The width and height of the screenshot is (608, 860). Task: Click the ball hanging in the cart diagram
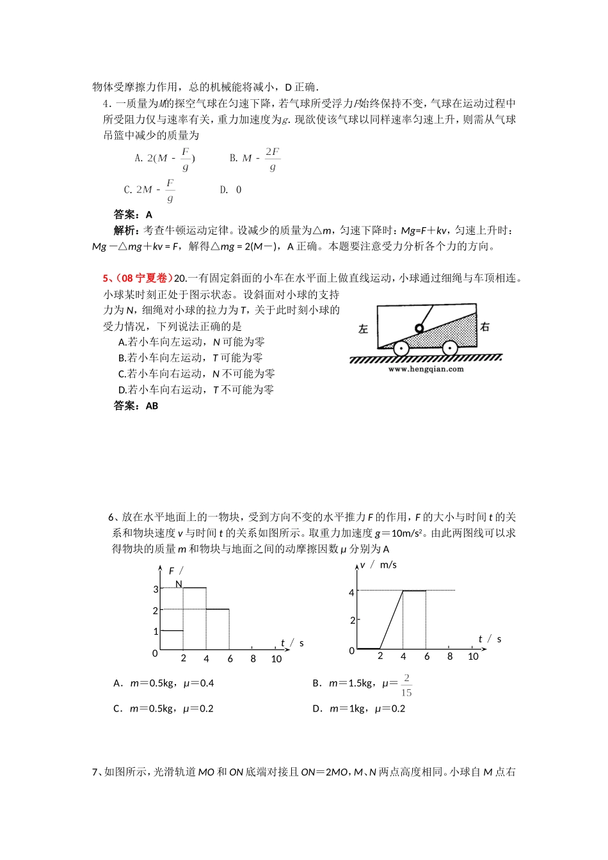tap(419, 329)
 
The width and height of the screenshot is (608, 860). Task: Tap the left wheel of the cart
tap(401, 348)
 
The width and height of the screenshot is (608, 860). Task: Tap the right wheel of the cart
tap(449, 348)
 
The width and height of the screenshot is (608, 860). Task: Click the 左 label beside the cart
tap(364, 329)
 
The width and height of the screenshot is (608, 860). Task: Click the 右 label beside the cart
tap(484, 327)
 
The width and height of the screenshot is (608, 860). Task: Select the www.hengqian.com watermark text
tap(426, 369)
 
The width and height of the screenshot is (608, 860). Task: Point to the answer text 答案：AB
tap(136, 406)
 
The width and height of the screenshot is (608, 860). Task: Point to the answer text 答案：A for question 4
tap(133, 215)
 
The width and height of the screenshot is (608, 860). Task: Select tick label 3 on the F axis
tap(156, 589)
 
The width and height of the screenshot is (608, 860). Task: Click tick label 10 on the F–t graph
tap(276, 659)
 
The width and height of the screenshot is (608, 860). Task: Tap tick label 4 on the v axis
tap(351, 593)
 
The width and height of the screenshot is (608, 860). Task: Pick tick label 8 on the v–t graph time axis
tap(450, 657)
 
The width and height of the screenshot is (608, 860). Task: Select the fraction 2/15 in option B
tap(406, 685)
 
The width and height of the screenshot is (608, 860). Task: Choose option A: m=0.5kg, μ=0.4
tap(164, 683)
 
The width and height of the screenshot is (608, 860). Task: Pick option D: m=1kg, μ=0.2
tap(359, 708)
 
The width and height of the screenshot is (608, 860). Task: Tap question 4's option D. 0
tap(231, 189)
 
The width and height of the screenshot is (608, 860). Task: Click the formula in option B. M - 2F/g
tap(255, 158)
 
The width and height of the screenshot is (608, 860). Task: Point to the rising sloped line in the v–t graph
tap(392, 619)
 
